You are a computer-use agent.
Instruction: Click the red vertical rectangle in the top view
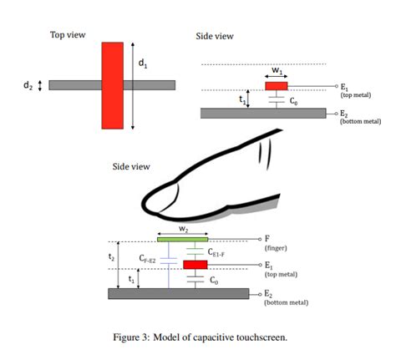[x=112, y=84]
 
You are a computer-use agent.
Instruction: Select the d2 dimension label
[x=28, y=85]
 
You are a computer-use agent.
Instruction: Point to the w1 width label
[x=277, y=70]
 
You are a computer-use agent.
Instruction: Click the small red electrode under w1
[x=277, y=85]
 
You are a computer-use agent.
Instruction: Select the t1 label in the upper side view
[x=242, y=99]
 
